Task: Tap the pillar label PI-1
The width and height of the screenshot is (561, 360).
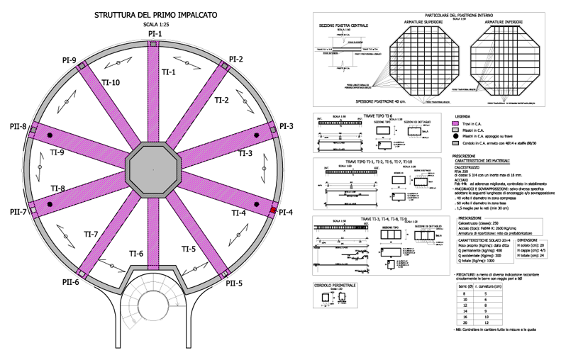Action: point(155,33)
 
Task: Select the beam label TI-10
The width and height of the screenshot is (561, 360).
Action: point(112,82)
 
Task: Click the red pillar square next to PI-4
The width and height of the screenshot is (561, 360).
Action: point(272,211)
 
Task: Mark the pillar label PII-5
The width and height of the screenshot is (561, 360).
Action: point(234,283)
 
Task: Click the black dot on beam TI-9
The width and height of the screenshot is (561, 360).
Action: point(50,135)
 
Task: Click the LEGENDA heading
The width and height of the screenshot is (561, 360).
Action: point(462,116)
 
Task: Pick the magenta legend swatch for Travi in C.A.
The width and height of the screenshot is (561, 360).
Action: point(458,123)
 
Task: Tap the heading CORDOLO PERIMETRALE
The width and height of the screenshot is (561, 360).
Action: point(335,285)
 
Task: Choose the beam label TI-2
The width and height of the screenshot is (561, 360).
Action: point(221,101)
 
